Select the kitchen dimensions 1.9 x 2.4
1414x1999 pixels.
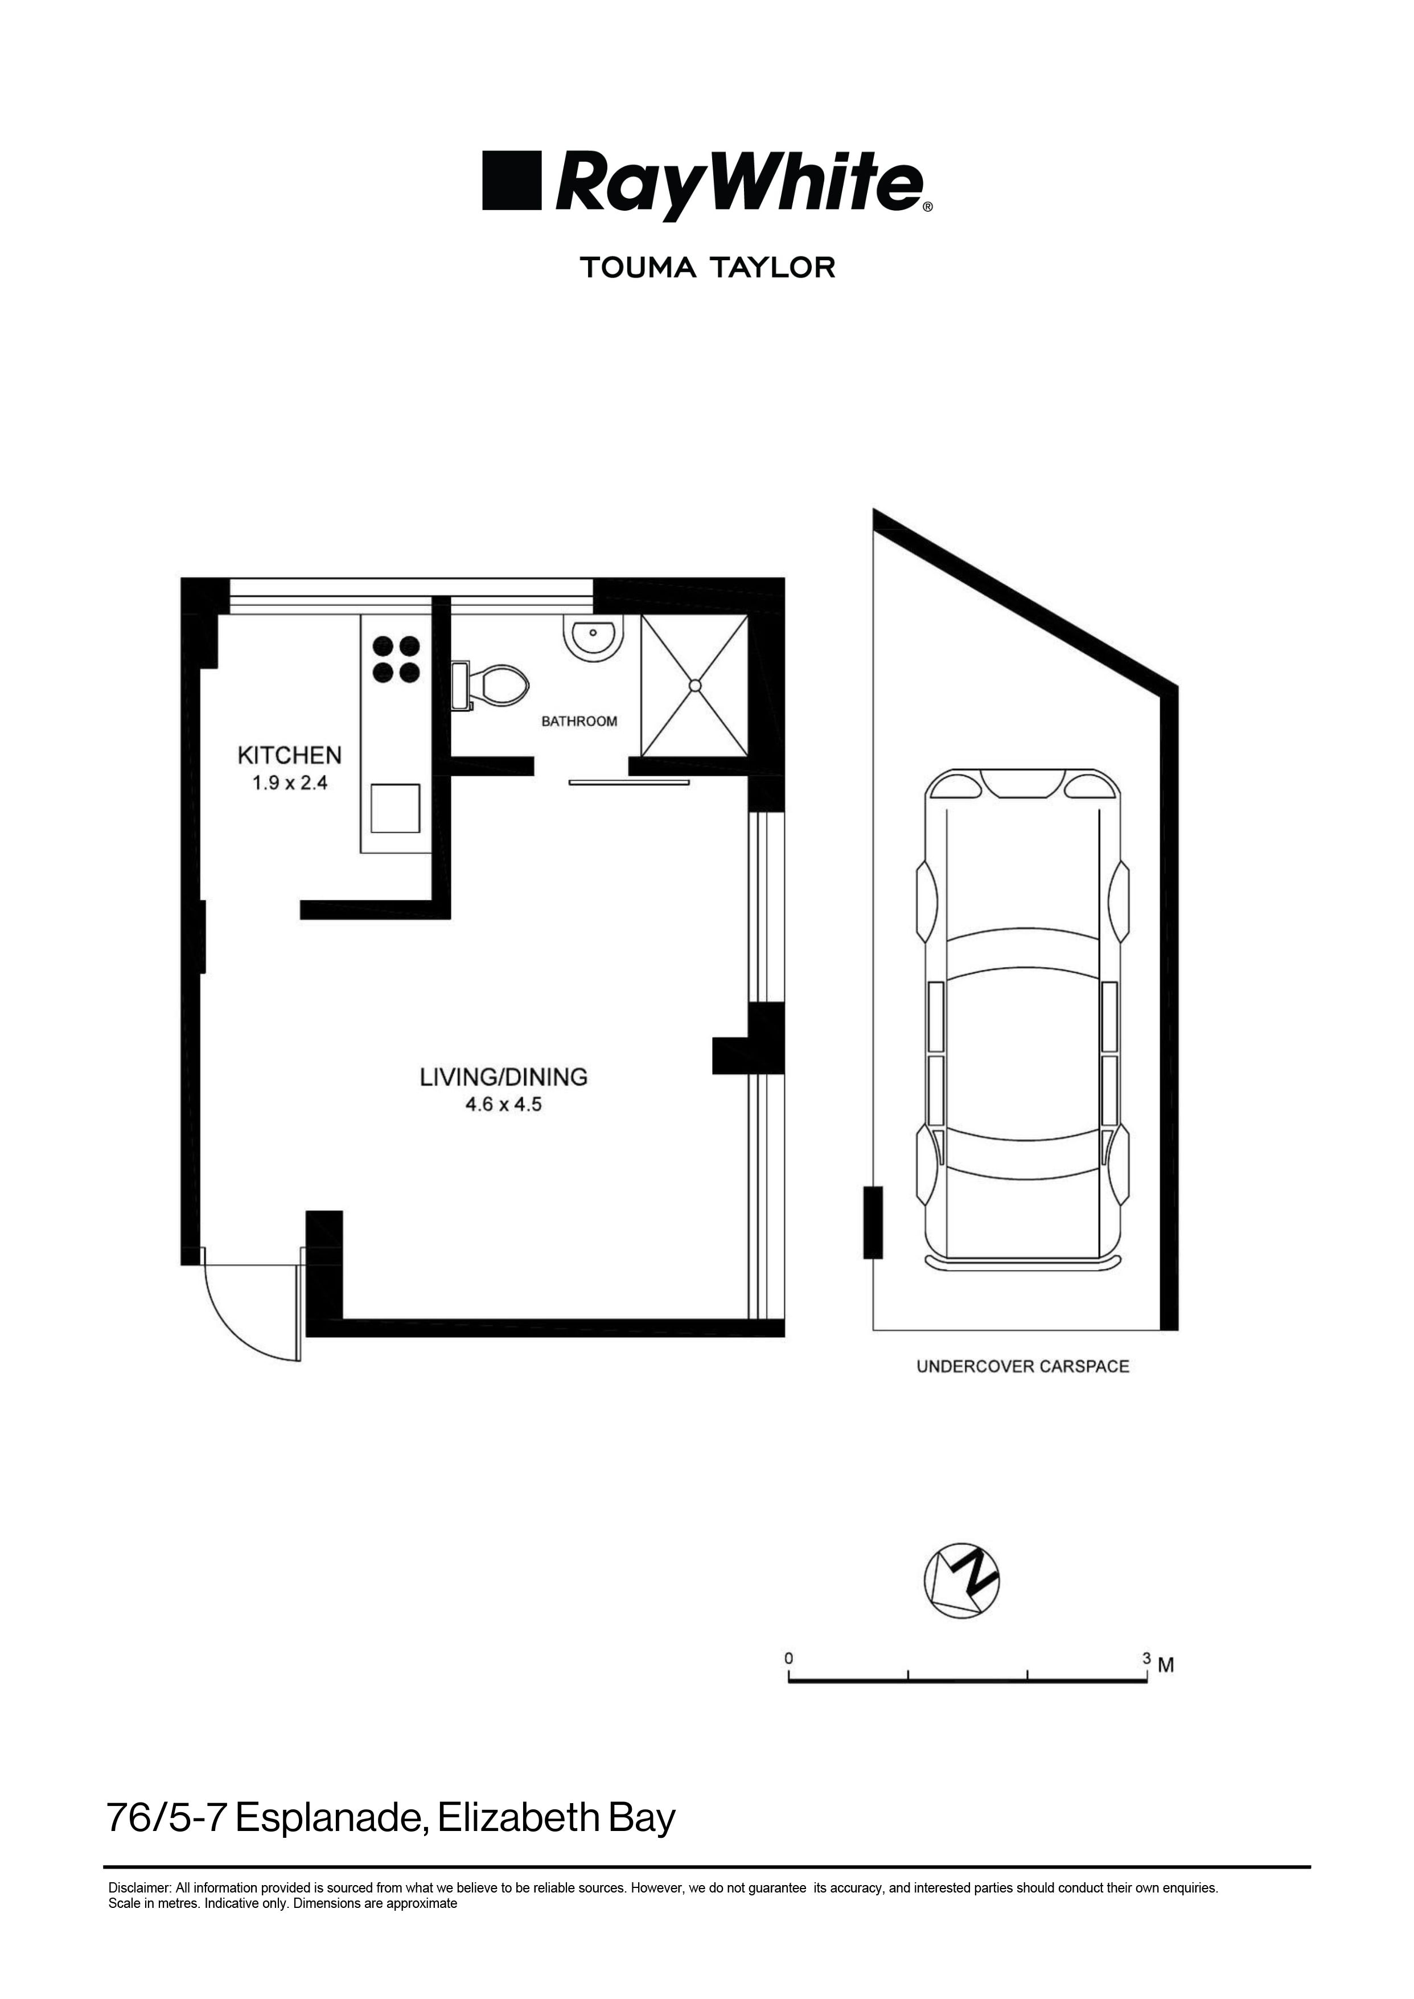tap(289, 783)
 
